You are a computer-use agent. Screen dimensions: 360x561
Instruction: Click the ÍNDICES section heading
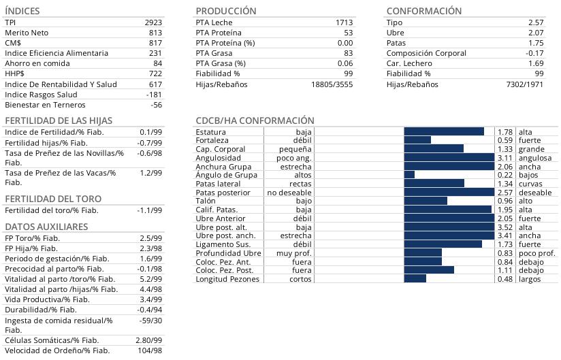pyautogui.click(x=22, y=11)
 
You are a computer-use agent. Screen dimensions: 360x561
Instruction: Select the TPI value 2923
pyautogui.click(x=153, y=22)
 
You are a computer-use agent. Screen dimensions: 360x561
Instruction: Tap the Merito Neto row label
pyautogui.click(x=27, y=33)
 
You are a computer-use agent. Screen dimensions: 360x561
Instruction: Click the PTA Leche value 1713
pyautogui.click(x=344, y=22)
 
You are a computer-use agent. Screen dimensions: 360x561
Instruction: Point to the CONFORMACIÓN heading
pyautogui.click(x=423, y=11)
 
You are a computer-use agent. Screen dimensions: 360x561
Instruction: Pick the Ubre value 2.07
pyautogui.click(x=535, y=33)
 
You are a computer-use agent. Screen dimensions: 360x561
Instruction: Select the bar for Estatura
pyautogui.click(x=443, y=131)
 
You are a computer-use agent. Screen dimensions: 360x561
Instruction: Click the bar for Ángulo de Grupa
pyautogui.click(x=409, y=175)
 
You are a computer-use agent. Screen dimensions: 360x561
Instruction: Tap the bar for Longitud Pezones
pyautogui.click(x=415, y=278)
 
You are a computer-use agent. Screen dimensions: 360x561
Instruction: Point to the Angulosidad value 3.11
pyautogui.click(x=504, y=158)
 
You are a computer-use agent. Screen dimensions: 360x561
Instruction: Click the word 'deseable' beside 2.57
pyautogui.click(x=535, y=193)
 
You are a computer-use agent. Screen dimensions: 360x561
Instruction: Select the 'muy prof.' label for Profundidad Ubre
pyautogui.click(x=293, y=253)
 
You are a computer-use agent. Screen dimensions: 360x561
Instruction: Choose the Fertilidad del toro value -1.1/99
pyautogui.click(x=149, y=210)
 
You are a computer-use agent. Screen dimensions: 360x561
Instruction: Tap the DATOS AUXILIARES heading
pyautogui.click(x=46, y=227)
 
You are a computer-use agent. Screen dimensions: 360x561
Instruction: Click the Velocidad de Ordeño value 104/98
pyautogui.click(x=150, y=350)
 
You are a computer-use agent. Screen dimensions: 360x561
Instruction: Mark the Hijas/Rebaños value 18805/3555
pyautogui.click(x=332, y=84)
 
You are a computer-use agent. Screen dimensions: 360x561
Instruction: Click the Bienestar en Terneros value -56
pyautogui.click(x=156, y=105)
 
